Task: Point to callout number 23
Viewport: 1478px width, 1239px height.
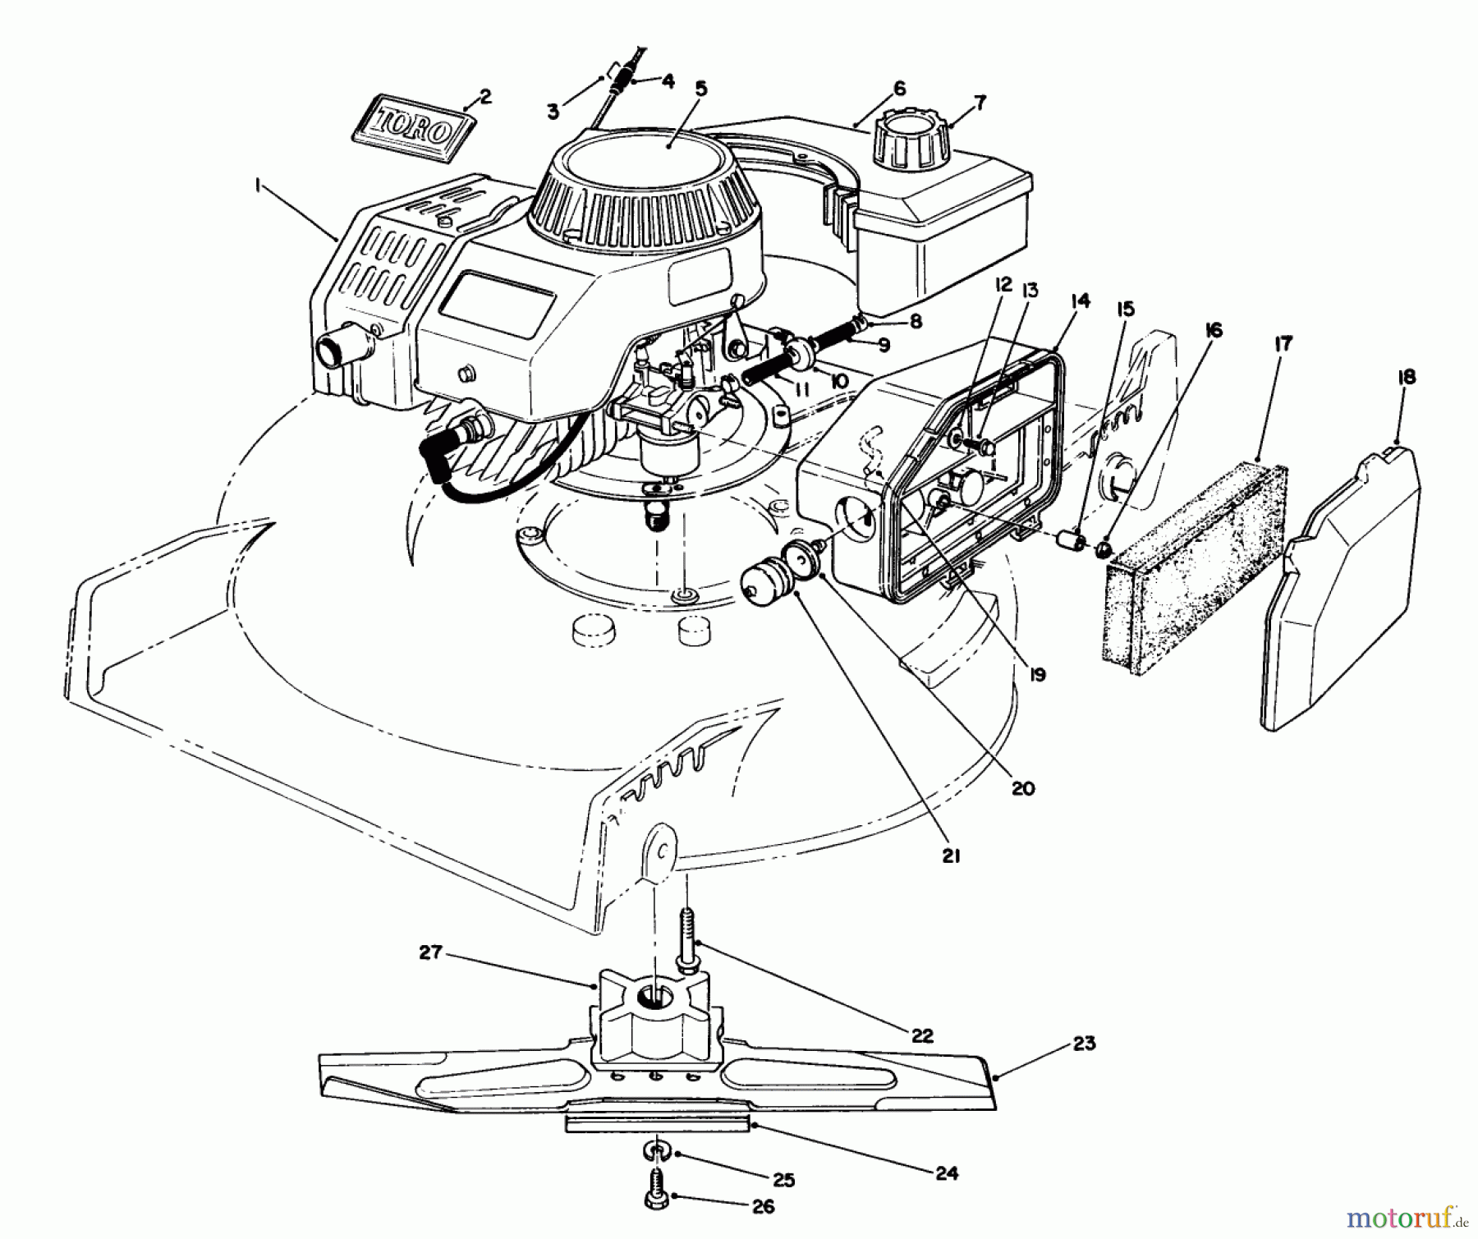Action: tap(1084, 1044)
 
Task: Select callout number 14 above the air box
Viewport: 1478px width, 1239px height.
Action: tap(1081, 301)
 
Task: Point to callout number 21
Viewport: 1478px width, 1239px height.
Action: tap(951, 856)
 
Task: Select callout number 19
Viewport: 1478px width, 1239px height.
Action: tap(1036, 674)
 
